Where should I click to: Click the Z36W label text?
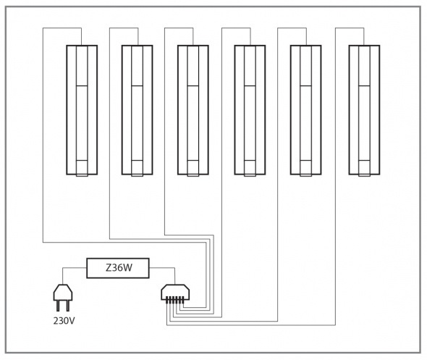coord(119,268)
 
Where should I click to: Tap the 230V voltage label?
coord(64,321)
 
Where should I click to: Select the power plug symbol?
coord(63,298)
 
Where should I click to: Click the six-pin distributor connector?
coord(175,294)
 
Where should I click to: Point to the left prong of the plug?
coord(58,306)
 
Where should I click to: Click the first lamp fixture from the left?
coord(82,110)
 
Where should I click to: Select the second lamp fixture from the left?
coord(138,110)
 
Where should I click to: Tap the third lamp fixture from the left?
coord(193,110)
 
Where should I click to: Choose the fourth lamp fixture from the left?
coord(250,110)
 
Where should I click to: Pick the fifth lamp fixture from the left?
coord(306,110)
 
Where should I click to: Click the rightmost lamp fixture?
coord(364,110)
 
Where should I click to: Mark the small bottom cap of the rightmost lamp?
coord(364,168)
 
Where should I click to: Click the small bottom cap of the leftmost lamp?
coord(82,168)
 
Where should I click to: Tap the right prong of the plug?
coord(68,306)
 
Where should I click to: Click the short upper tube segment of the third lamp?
coord(193,66)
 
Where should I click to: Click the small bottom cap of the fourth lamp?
coord(250,168)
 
